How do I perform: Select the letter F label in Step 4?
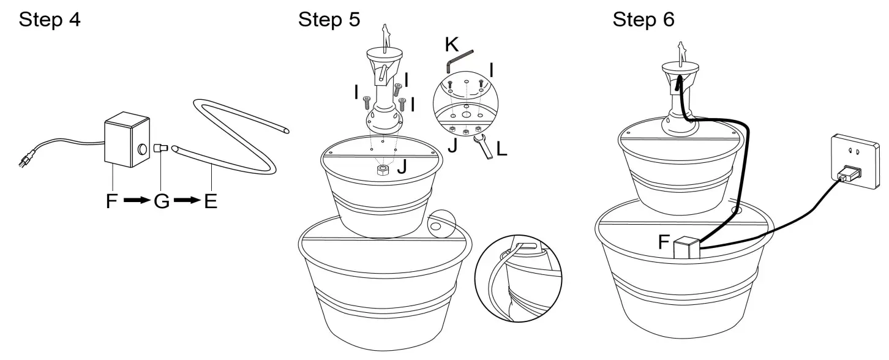click(111, 201)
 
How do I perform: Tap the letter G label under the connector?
click(161, 201)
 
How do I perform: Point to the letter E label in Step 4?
click(210, 201)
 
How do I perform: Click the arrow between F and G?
click(135, 201)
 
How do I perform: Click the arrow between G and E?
click(186, 201)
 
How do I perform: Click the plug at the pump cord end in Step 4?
click(25, 162)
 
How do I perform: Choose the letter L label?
click(502, 149)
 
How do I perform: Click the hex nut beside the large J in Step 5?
click(383, 169)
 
